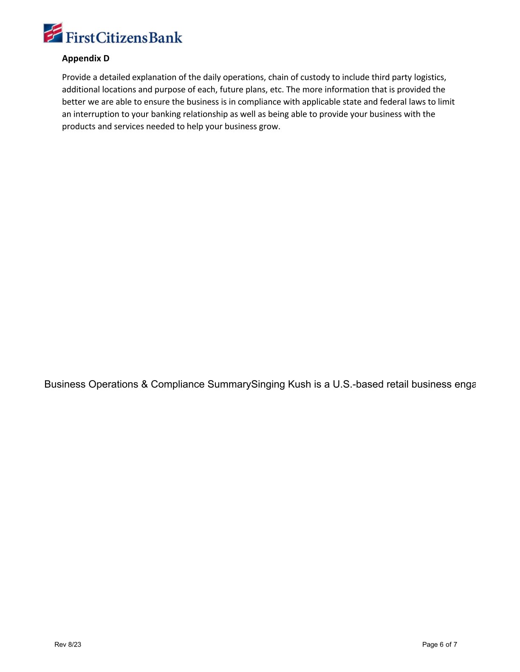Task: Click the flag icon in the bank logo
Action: pyautogui.click(x=53, y=33)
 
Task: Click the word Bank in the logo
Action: pyautogui.click(x=166, y=37)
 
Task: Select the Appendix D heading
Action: pyautogui.click(x=85, y=59)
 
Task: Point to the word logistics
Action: pyautogui.click(x=430, y=77)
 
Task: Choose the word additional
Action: pyautogui.click(x=81, y=90)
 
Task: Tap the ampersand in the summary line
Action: pyautogui.click(x=144, y=384)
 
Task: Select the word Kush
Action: pyautogui.click(x=299, y=384)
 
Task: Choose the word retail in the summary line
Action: pyautogui.click(x=397, y=384)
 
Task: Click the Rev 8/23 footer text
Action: pyautogui.click(x=68, y=645)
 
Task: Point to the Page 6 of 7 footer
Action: pyautogui.click(x=440, y=645)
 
